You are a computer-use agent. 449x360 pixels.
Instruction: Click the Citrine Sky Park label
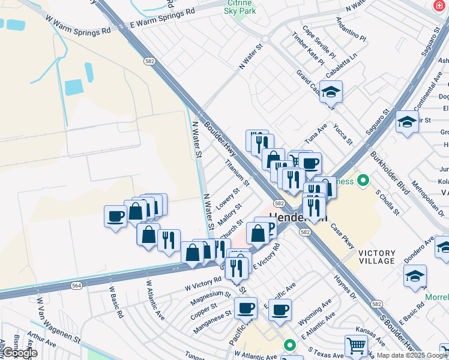pos(240,7)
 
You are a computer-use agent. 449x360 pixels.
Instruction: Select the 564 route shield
pos(76,286)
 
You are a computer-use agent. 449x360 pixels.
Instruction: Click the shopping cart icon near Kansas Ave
pos(356,346)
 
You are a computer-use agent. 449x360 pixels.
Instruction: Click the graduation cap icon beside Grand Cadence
pos(331,92)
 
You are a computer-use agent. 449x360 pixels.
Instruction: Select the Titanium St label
pos(237,172)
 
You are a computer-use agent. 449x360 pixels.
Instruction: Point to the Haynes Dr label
pos(346,284)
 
